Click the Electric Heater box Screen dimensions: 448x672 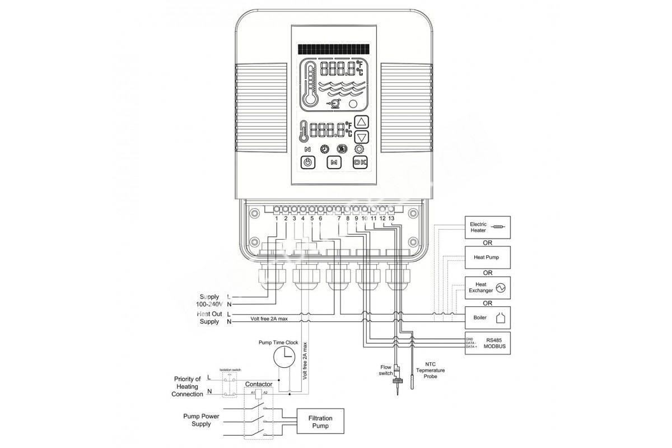pyautogui.click(x=488, y=227)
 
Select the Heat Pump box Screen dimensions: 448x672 pyautogui.click(x=488, y=258)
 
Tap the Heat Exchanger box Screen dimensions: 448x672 pyautogui.click(x=488, y=288)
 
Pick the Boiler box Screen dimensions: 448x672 pyautogui.click(x=488, y=318)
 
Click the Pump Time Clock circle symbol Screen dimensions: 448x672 pyautogui.click(x=286, y=356)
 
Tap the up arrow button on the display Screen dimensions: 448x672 pyautogui.click(x=362, y=122)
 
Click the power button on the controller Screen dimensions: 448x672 pyautogui.click(x=308, y=162)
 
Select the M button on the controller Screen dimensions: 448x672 pyautogui.click(x=334, y=162)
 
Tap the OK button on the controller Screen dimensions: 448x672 pyautogui.click(x=361, y=162)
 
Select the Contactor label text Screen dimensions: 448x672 pyautogui.click(x=259, y=385)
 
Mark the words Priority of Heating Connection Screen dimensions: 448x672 pyautogui.click(x=188, y=386)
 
